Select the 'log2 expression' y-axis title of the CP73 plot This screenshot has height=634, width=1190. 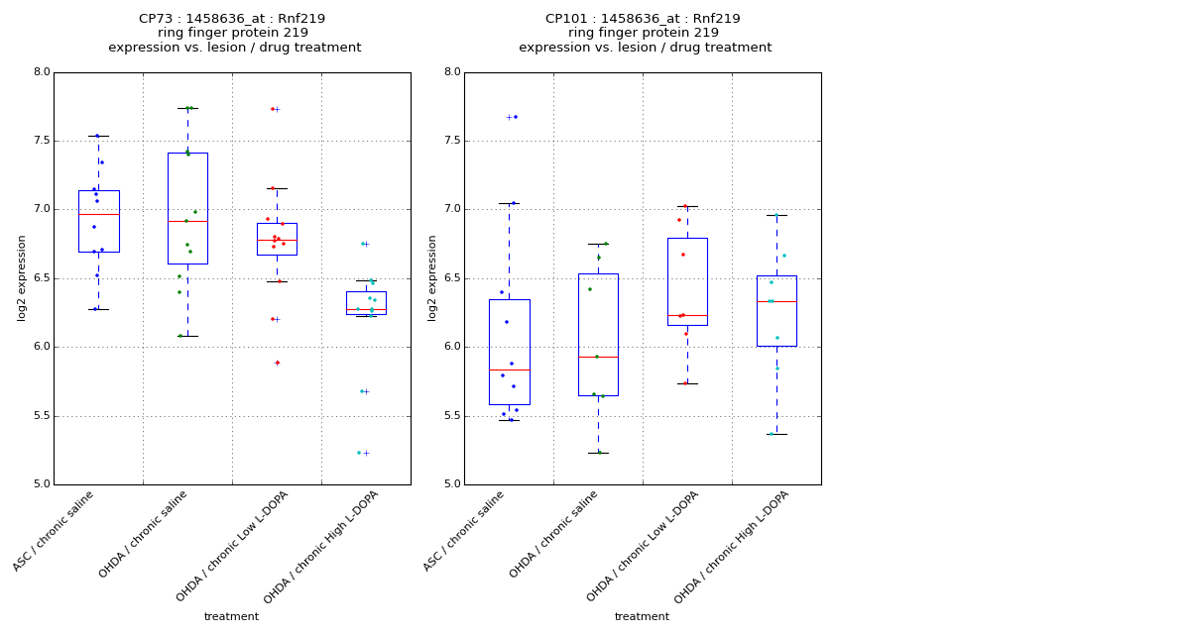tap(22, 277)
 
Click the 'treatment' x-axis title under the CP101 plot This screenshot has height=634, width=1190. tap(642, 617)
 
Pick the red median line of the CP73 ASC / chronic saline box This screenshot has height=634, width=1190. tap(98, 214)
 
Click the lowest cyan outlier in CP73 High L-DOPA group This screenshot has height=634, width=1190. tap(360, 453)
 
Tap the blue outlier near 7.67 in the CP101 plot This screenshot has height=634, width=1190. tap(515, 117)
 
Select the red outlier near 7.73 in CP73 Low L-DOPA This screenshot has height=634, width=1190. tap(273, 109)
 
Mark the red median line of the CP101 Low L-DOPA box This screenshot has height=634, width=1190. tap(687, 315)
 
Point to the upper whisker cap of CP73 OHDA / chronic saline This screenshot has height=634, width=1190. tap(187, 108)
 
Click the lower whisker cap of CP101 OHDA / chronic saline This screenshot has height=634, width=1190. tap(598, 453)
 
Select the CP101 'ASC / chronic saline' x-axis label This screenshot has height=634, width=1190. tap(464, 531)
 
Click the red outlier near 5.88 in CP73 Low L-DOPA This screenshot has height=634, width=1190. tap(277, 363)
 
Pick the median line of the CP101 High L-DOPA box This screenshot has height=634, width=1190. tap(776, 301)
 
